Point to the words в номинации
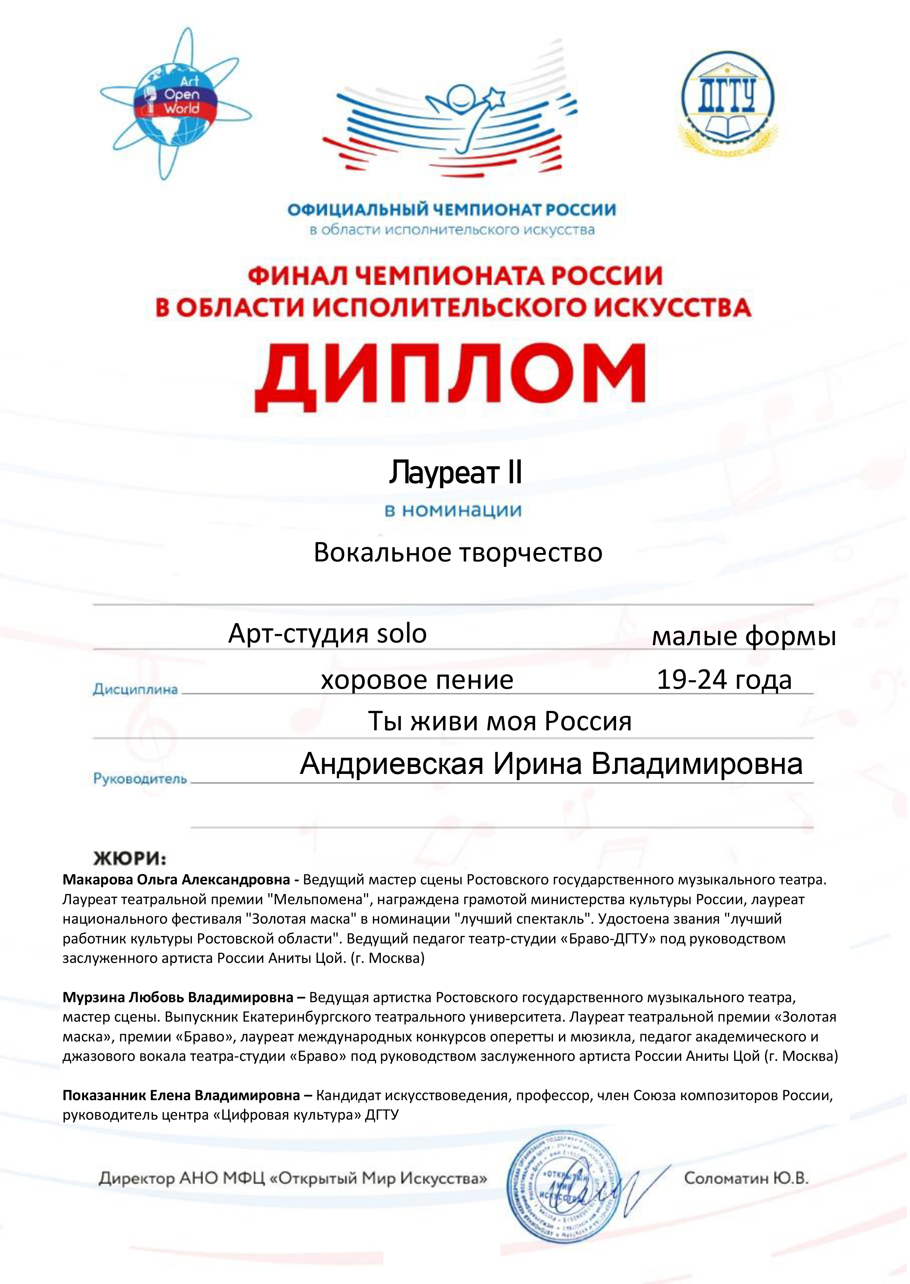453,510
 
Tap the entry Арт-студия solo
327,634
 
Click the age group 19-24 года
724,680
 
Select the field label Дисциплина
135,690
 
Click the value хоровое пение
417,680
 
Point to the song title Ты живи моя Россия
499,721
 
